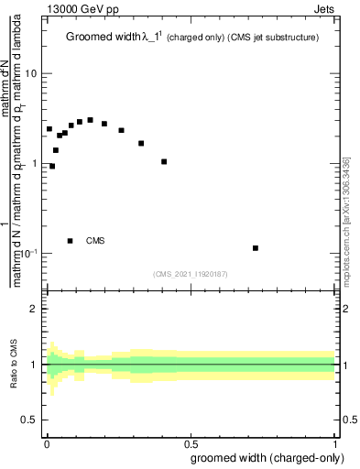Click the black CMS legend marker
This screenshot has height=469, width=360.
point(70,241)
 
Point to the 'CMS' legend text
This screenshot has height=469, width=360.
point(96,241)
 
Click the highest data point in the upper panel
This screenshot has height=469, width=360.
point(90,120)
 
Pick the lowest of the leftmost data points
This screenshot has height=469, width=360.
point(52,166)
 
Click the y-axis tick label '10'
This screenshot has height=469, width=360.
point(31,73)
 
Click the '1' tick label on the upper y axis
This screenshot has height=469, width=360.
point(35,163)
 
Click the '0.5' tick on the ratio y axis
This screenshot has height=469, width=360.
point(30,420)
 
